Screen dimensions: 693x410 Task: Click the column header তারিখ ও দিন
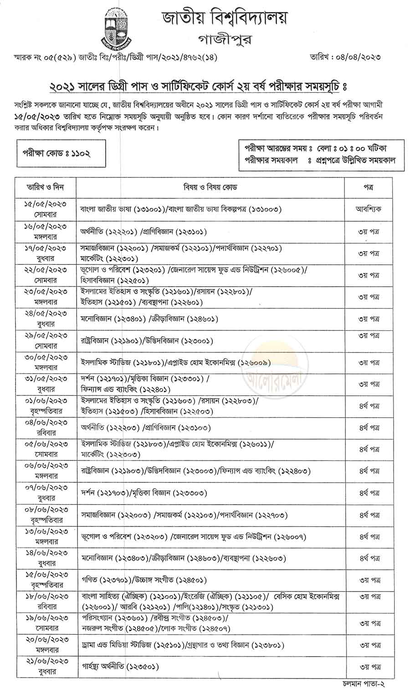click(45, 187)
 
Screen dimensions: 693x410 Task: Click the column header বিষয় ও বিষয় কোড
click(210, 187)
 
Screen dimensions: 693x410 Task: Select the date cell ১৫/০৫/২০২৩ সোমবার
click(45, 209)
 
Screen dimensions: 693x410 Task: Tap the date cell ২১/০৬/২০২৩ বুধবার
click(45, 667)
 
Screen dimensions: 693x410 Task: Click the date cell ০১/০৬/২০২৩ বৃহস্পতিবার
click(45, 405)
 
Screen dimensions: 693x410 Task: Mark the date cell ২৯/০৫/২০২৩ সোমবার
click(45, 341)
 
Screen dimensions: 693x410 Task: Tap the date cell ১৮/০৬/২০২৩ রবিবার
click(45, 602)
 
